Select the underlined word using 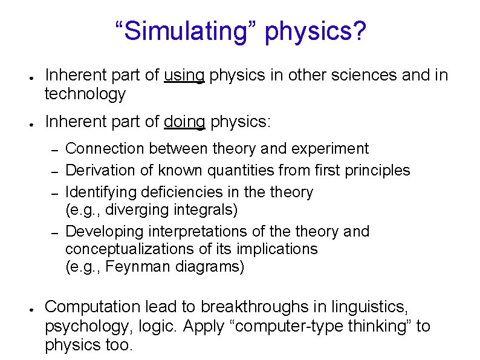click(184, 75)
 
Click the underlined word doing click(184, 122)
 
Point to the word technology click(85, 94)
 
